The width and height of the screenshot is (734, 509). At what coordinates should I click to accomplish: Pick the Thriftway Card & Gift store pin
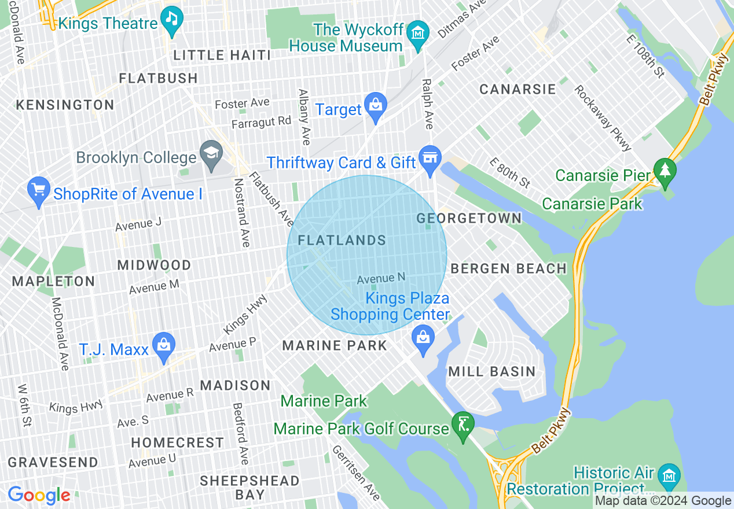(430, 158)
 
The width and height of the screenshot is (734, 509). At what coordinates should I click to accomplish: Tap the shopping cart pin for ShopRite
(39, 190)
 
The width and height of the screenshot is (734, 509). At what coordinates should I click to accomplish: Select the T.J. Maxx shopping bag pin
(164, 345)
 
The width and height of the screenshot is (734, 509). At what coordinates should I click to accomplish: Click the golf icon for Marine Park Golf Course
(463, 424)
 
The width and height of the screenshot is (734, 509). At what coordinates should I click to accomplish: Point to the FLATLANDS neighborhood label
(342, 240)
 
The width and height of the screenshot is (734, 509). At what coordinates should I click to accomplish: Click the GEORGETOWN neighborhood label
(469, 218)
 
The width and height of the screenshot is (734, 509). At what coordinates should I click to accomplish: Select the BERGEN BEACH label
(508, 268)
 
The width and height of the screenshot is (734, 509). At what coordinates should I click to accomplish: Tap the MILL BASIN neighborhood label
(491, 371)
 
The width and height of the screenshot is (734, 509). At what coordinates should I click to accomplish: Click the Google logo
(39, 496)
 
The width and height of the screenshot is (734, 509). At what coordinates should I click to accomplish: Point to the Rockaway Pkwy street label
(603, 119)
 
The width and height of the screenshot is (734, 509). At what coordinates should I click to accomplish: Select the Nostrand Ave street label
(241, 212)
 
